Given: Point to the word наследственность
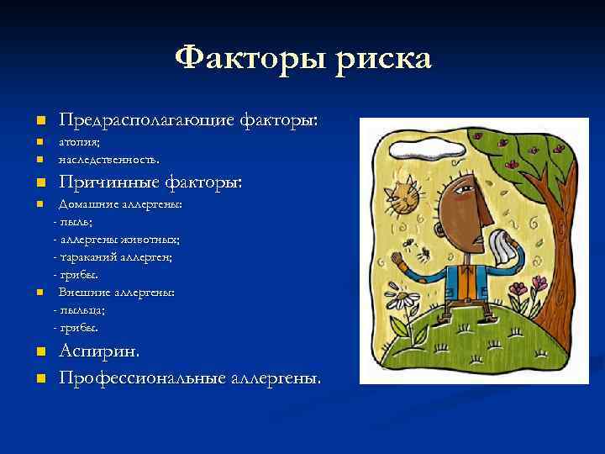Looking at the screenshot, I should [108, 158].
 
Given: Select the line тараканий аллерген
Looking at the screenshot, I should [113, 256].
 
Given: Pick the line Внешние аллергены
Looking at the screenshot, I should [117, 292].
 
